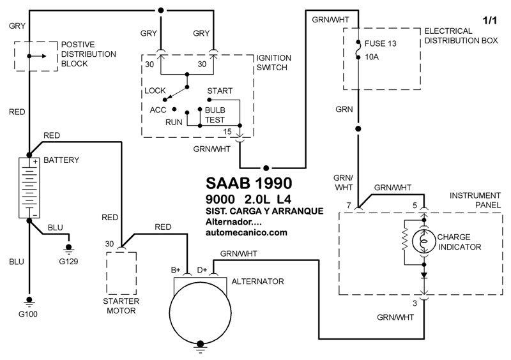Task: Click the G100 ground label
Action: [28, 314]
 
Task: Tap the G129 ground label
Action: [68, 261]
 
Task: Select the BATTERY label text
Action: [61, 160]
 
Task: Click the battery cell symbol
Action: [29, 188]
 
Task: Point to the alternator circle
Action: [169, 313]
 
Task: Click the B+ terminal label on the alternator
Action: [176, 270]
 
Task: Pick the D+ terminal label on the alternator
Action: [202, 270]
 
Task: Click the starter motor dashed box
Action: [107, 273]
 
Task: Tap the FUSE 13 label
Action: [380, 43]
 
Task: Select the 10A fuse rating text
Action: [372, 57]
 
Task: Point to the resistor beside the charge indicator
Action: [405, 239]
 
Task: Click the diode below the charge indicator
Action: [424, 275]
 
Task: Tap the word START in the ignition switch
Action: [220, 91]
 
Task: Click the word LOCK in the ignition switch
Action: [155, 91]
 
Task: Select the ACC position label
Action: [158, 110]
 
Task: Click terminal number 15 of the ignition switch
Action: [227, 131]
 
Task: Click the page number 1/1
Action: [489, 20]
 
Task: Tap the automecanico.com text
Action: [247, 232]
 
